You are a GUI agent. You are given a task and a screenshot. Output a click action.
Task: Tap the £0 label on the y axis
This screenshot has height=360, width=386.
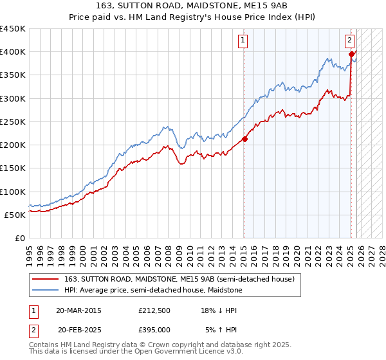click(x=19, y=238)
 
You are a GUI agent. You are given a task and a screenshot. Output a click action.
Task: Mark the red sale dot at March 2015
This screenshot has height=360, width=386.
click(x=245, y=139)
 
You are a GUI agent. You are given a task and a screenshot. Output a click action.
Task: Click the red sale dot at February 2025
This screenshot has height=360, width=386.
click(x=351, y=55)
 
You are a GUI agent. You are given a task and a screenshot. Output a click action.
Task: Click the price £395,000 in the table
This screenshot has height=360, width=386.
click(x=154, y=329)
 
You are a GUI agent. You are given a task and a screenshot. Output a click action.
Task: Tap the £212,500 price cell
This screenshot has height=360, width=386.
click(x=154, y=310)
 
